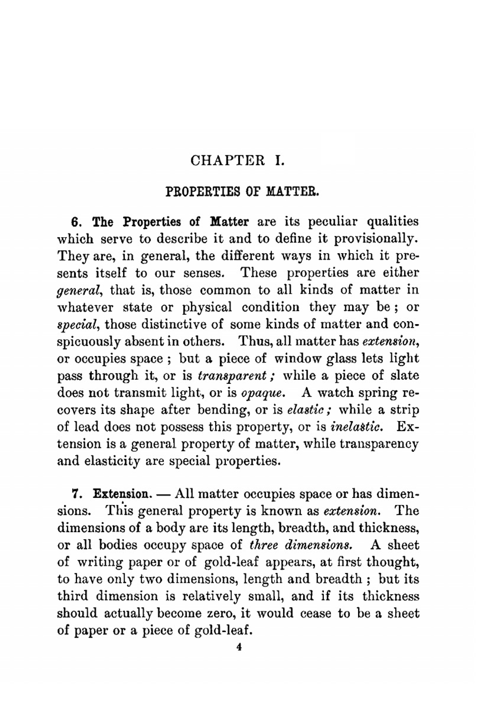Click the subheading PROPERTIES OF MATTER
(242, 191)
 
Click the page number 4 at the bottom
(239, 647)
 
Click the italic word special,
(79, 325)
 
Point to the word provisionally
(375, 239)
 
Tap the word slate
(404, 375)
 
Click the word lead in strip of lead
(88, 427)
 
